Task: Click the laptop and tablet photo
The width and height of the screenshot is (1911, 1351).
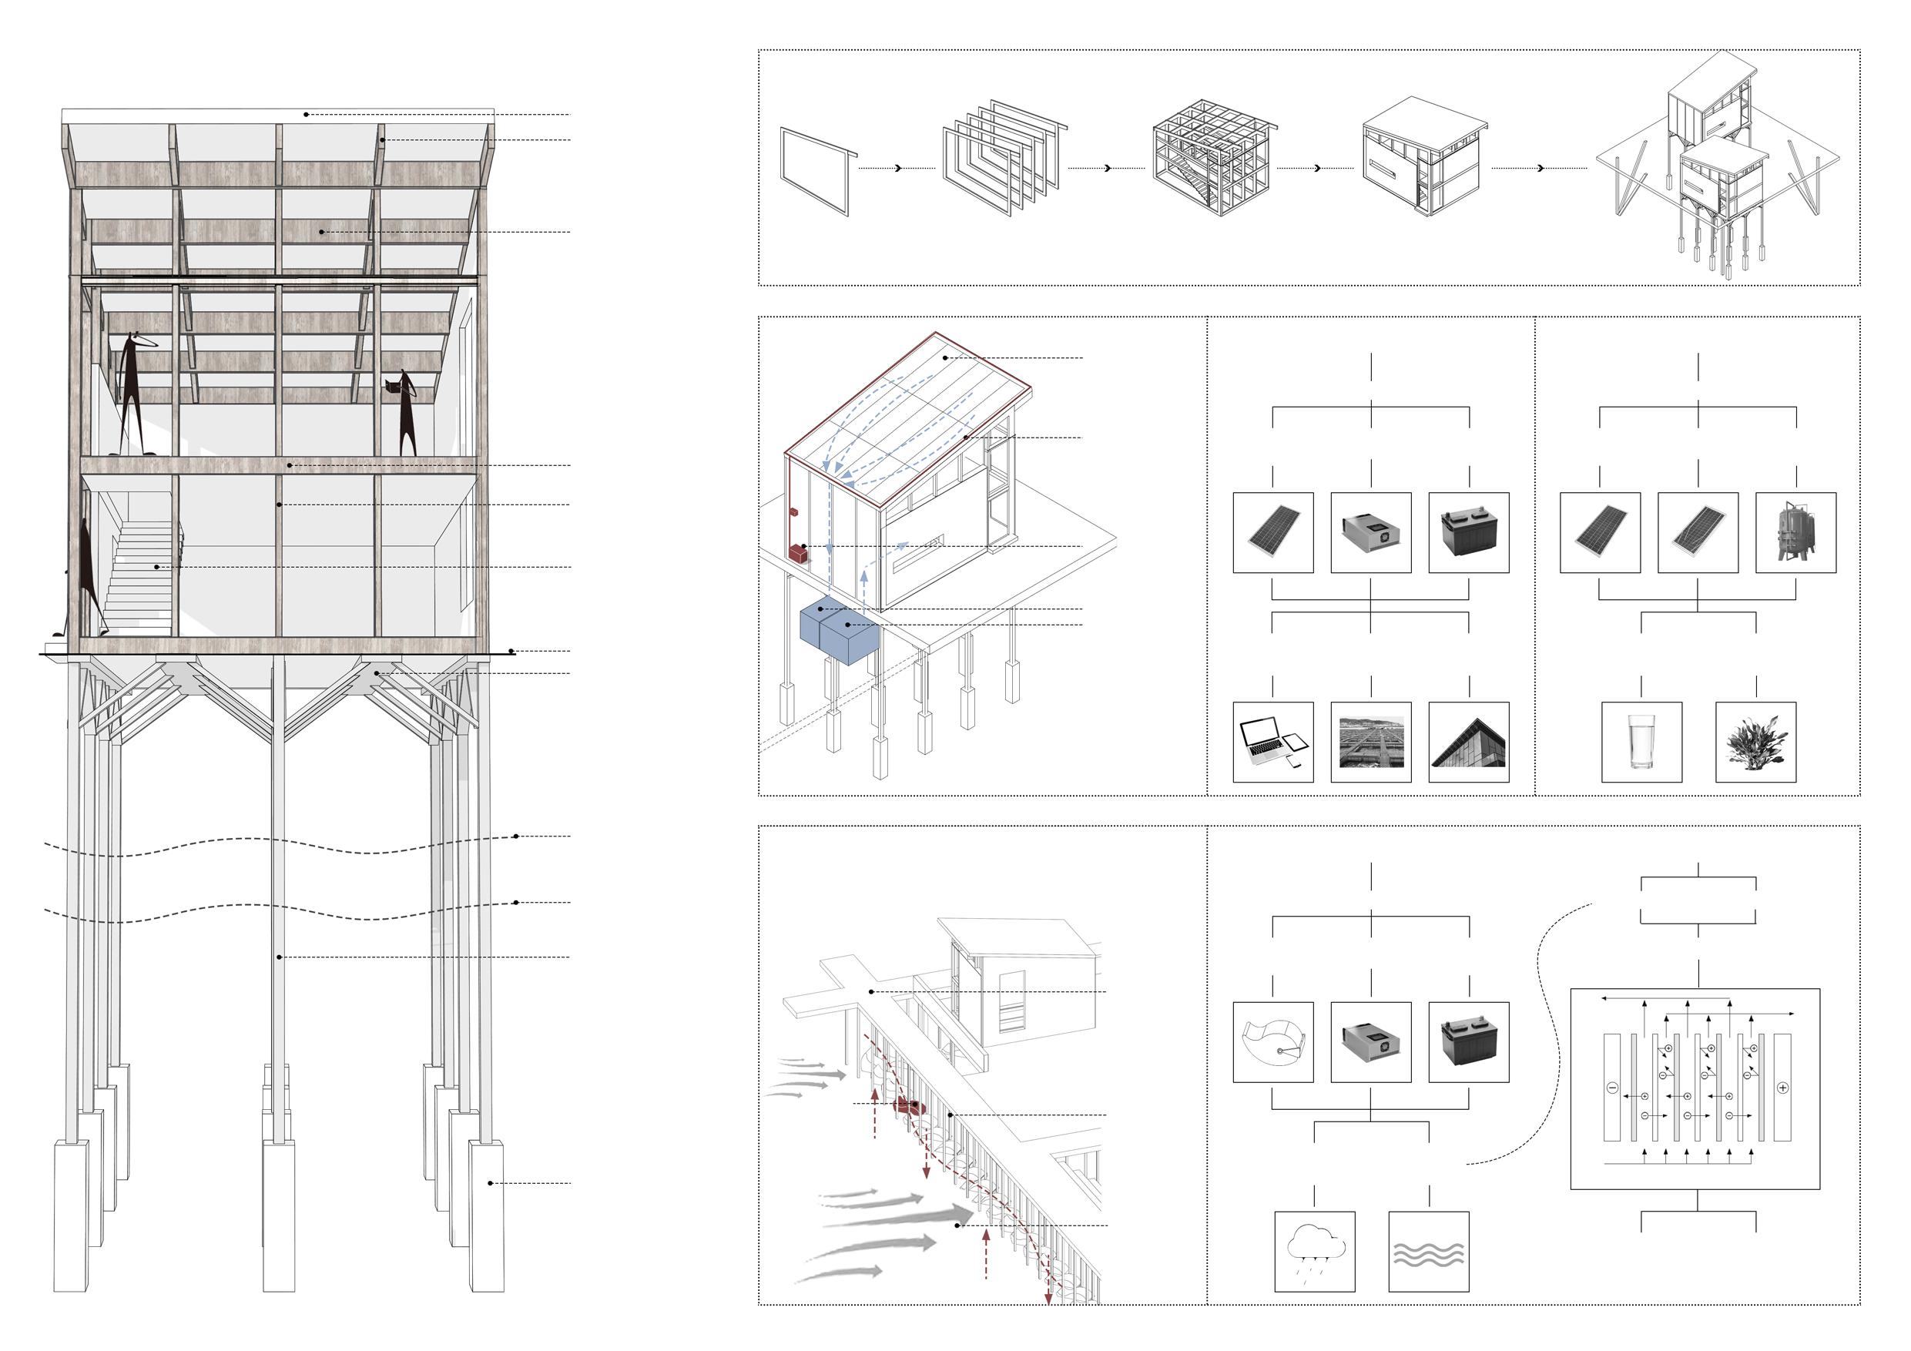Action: coord(1272,742)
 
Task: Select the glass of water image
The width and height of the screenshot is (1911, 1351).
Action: coord(1641,742)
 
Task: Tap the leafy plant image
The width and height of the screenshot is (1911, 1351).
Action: coord(1755,742)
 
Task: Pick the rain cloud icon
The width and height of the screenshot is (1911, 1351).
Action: coord(1314,1251)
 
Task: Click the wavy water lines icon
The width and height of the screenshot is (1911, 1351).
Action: coord(1428,1251)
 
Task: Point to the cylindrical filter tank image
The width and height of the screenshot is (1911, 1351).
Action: coord(1795,533)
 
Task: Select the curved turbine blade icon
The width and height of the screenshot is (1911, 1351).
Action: coord(1272,1042)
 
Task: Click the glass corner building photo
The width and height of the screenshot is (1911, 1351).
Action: coord(1468,742)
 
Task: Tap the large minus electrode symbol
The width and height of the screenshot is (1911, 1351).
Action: coord(1612,1087)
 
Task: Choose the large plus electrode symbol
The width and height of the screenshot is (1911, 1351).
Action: coord(1782,1087)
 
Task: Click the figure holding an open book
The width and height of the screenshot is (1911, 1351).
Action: coord(404,412)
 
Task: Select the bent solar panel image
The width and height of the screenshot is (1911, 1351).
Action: coord(1697,533)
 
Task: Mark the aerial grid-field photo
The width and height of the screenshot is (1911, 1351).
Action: coord(1370,742)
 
